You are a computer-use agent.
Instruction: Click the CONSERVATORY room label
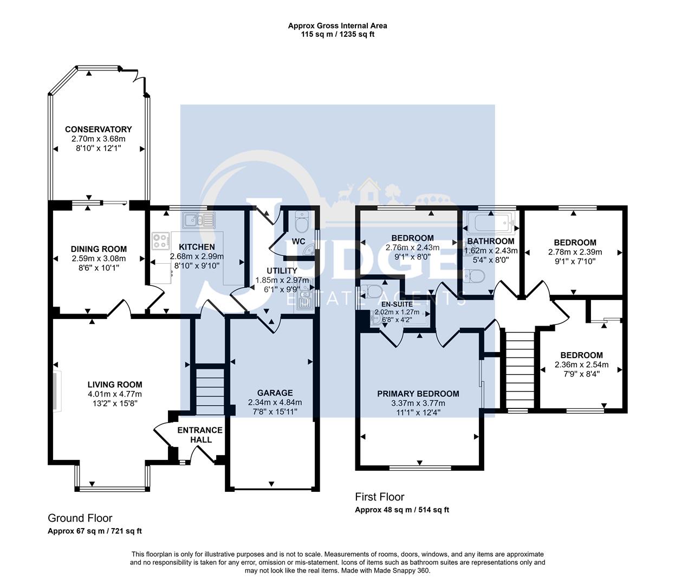tap(98, 129)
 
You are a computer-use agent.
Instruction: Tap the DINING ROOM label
tap(99, 249)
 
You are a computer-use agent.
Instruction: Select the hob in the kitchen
tap(161, 241)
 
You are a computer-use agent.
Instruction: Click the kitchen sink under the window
tap(199, 220)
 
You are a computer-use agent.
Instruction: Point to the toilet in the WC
tap(301, 222)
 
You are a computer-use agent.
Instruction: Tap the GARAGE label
tap(275, 393)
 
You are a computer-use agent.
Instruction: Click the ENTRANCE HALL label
tap(200, 435)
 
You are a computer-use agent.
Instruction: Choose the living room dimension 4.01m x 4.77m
tap(115, 394)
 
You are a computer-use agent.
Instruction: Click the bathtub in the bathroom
tap(491, 223)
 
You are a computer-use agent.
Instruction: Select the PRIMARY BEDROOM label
tap(418, 394)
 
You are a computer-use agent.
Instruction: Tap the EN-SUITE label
tap(397, 304)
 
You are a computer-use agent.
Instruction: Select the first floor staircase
tap(520, 370)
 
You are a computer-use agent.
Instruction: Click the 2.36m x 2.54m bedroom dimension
tap(581, 365)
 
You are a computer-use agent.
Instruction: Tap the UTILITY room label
tap(282, 271)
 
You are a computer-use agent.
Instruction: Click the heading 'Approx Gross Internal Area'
tap(337, 26)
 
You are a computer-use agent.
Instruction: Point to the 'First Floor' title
tap(379, 497)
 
